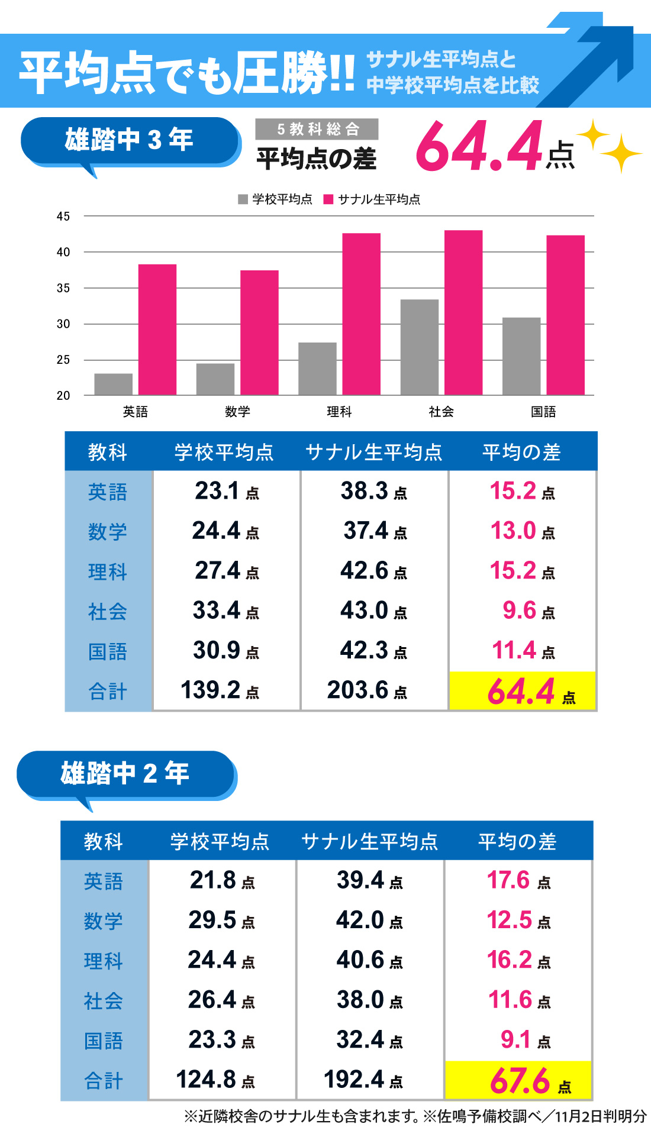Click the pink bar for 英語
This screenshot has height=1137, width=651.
157,330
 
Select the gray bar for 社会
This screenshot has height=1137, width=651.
420,347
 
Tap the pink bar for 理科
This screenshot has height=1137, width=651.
361,314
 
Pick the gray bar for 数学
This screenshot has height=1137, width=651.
215,379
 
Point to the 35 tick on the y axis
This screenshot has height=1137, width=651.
63,288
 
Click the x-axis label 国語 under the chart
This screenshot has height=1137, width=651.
543,412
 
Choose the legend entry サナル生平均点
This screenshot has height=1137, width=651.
372,199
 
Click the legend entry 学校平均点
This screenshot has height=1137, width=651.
276,199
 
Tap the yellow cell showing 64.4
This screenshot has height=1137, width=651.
523,691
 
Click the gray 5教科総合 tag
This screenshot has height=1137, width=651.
317,129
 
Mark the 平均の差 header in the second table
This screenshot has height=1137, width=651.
517,841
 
